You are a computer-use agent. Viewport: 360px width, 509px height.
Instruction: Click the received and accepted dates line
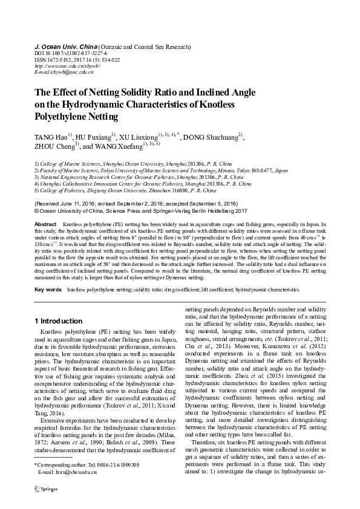coord(136,204)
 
